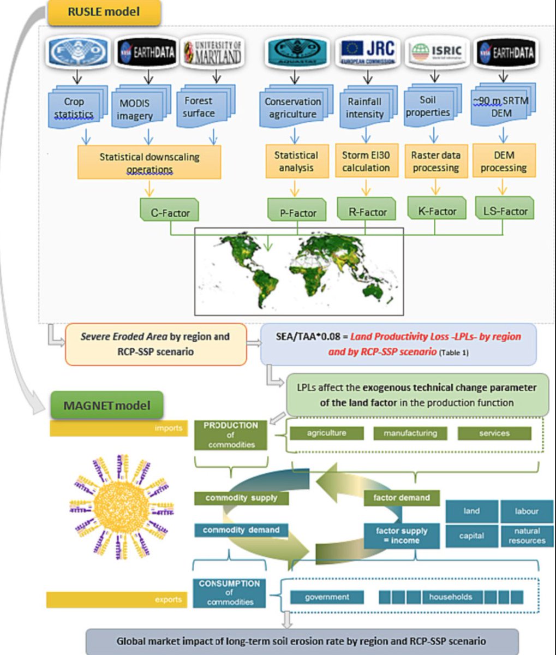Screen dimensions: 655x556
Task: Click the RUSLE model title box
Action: pyautogui.click(x=104, y=13)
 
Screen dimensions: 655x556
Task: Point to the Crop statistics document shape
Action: pyautogui.click(x=76, y=108)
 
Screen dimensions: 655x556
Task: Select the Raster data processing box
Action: pyautogui.click(x=435, y=162)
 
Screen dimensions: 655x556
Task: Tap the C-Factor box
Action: pyautogui.click(x=169, y=212)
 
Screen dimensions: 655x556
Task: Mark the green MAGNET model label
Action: pyautogui.click(x=107, y=406)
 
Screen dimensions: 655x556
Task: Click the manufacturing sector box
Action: pyautogui.click(x=410, y=433)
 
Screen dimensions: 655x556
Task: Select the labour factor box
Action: pyautogui.click(x=527, y=511)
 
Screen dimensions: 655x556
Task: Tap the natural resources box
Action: pyautogui.click(x=527, y=535)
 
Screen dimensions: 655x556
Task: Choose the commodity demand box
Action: pyautogui.click(x=241, y=530)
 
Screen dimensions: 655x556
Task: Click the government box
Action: pyautogui.click(x=327, y=597)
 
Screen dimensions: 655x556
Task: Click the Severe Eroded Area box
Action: pyautogui.click(x=156, y=344)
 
